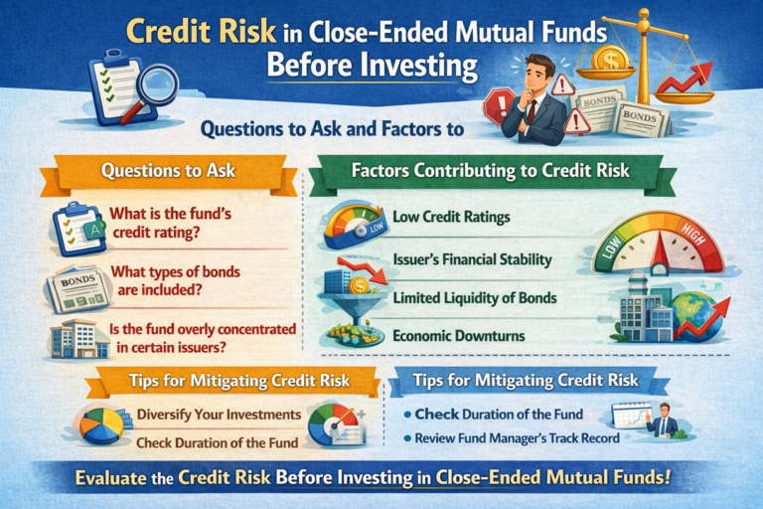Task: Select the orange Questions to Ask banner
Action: [x=169, y=170]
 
